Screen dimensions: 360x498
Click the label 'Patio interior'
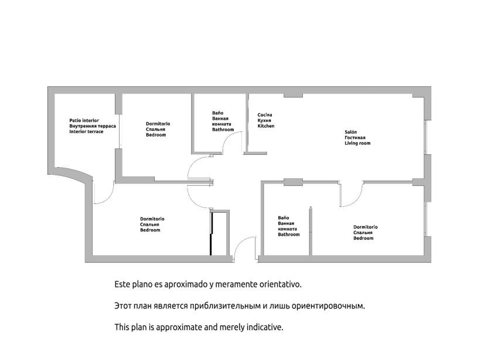[84, 120]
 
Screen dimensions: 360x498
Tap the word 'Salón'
[350, 132]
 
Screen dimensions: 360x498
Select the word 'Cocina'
[265, 114]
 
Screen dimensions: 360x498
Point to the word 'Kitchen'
[266, 126]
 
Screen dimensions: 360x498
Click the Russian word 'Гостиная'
[355, 138]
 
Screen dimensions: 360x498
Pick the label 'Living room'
[357, 144]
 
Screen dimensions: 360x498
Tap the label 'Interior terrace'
[86, 132]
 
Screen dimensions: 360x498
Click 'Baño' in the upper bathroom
[217, 113]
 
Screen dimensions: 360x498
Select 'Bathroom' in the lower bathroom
[289, 235]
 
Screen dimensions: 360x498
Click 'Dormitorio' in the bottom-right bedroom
[365, 227]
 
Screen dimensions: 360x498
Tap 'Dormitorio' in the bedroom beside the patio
[158, 124]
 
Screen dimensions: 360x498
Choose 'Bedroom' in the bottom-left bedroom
[150, 230]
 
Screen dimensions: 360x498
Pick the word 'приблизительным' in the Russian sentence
[212, 306]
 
